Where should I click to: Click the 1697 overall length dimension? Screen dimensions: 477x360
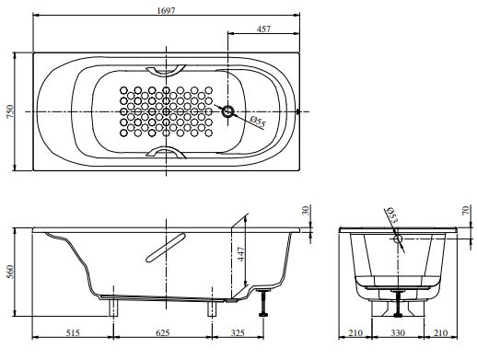click(166, 10)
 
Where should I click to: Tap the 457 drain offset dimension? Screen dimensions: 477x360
click(263, 29)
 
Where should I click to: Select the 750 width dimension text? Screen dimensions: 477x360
click(9, 111)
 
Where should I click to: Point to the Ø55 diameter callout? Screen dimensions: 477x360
click(257, 122)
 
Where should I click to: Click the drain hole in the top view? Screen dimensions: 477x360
click(227, 111)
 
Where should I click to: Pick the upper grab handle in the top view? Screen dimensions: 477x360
click(166, 71)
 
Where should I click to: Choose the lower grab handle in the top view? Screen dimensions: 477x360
click(166, 152)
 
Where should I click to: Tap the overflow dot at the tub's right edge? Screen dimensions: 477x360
click(297, 111)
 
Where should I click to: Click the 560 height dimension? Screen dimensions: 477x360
click(9, 272)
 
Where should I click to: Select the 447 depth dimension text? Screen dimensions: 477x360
click(241, 254)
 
